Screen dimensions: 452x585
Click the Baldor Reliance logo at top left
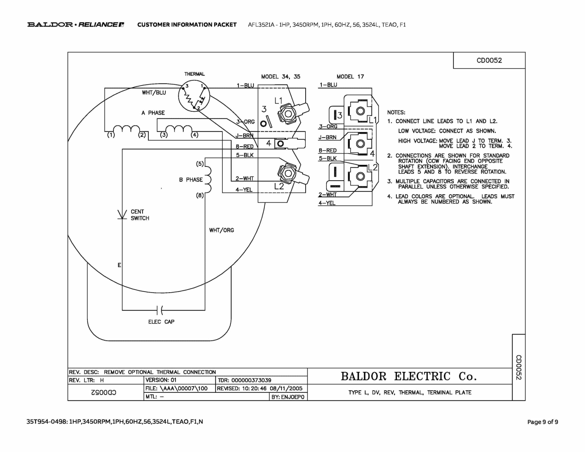point(76,25)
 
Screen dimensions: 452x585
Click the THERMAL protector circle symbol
point(194,96)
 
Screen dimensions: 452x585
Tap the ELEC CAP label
point(161,322)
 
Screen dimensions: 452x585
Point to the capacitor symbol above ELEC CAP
point(160,310)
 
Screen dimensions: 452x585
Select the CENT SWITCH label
point(140,215)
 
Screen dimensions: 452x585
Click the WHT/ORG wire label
point(221,230)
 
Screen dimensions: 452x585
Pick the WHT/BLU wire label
point(154,93)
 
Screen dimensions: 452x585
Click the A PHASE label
point(153,113)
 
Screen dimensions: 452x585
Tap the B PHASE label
point(191,180)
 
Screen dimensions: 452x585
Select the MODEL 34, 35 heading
point(281,77)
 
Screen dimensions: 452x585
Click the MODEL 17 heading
point(350,77)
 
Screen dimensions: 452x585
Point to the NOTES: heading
point(396,113)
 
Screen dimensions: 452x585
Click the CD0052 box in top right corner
point(489,60)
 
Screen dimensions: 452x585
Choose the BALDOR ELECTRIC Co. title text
point(409,376)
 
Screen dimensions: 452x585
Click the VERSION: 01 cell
point(161,380)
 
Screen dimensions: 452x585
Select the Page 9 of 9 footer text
point(542,422)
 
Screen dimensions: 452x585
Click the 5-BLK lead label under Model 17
point(328,158)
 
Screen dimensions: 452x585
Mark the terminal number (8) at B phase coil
point(200,195)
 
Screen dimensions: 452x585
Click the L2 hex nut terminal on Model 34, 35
point(288,173)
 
